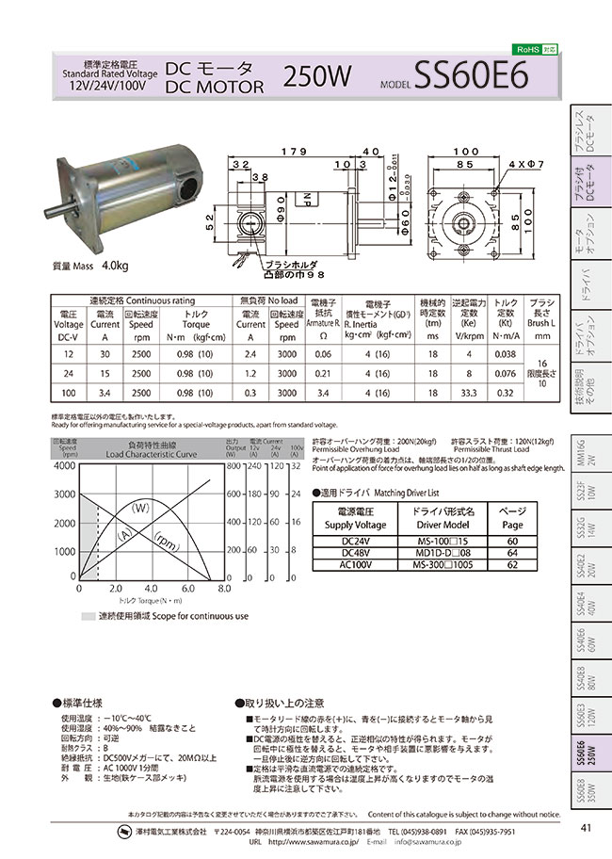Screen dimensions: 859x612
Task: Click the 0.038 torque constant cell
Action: pos(505,352)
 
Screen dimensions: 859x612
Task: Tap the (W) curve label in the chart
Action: pos(141,509)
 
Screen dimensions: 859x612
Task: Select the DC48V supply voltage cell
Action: pos(351,554)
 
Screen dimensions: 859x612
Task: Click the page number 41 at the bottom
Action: pos(585,828)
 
